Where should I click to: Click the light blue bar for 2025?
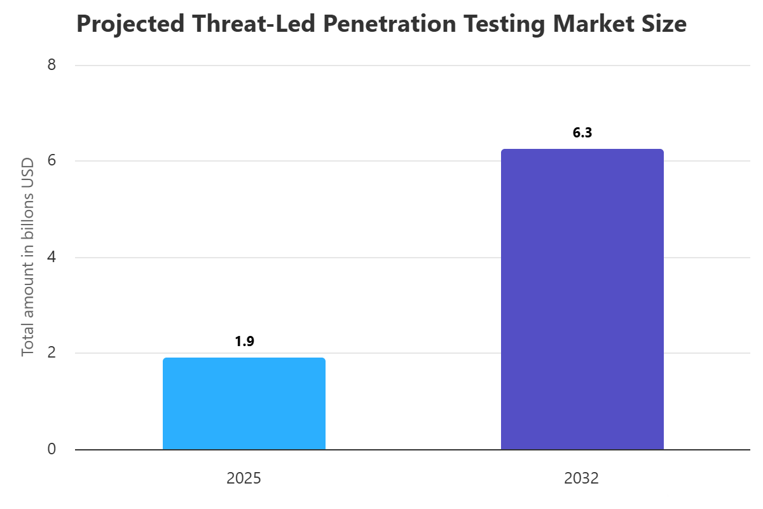(x=244, y=403)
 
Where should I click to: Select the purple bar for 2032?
(x=582, y=299)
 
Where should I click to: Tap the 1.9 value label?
(x=244, y=342)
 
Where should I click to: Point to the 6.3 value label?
(x=582, y=133)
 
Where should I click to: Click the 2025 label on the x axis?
(x=244, y=478)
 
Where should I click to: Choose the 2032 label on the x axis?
(x=581, y=478)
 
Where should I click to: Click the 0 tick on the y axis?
(x=52, y=449)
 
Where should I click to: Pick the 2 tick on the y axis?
(x=52, y=353)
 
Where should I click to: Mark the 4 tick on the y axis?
(x=52, y=257)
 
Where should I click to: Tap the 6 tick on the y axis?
(x=52, y=161)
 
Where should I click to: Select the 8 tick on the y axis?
(x=52, y=65)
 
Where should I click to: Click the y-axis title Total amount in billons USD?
(x=28, y=257)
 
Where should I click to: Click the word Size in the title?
(x=665, y=24)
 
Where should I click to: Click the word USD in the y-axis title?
(x=28, y=171)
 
